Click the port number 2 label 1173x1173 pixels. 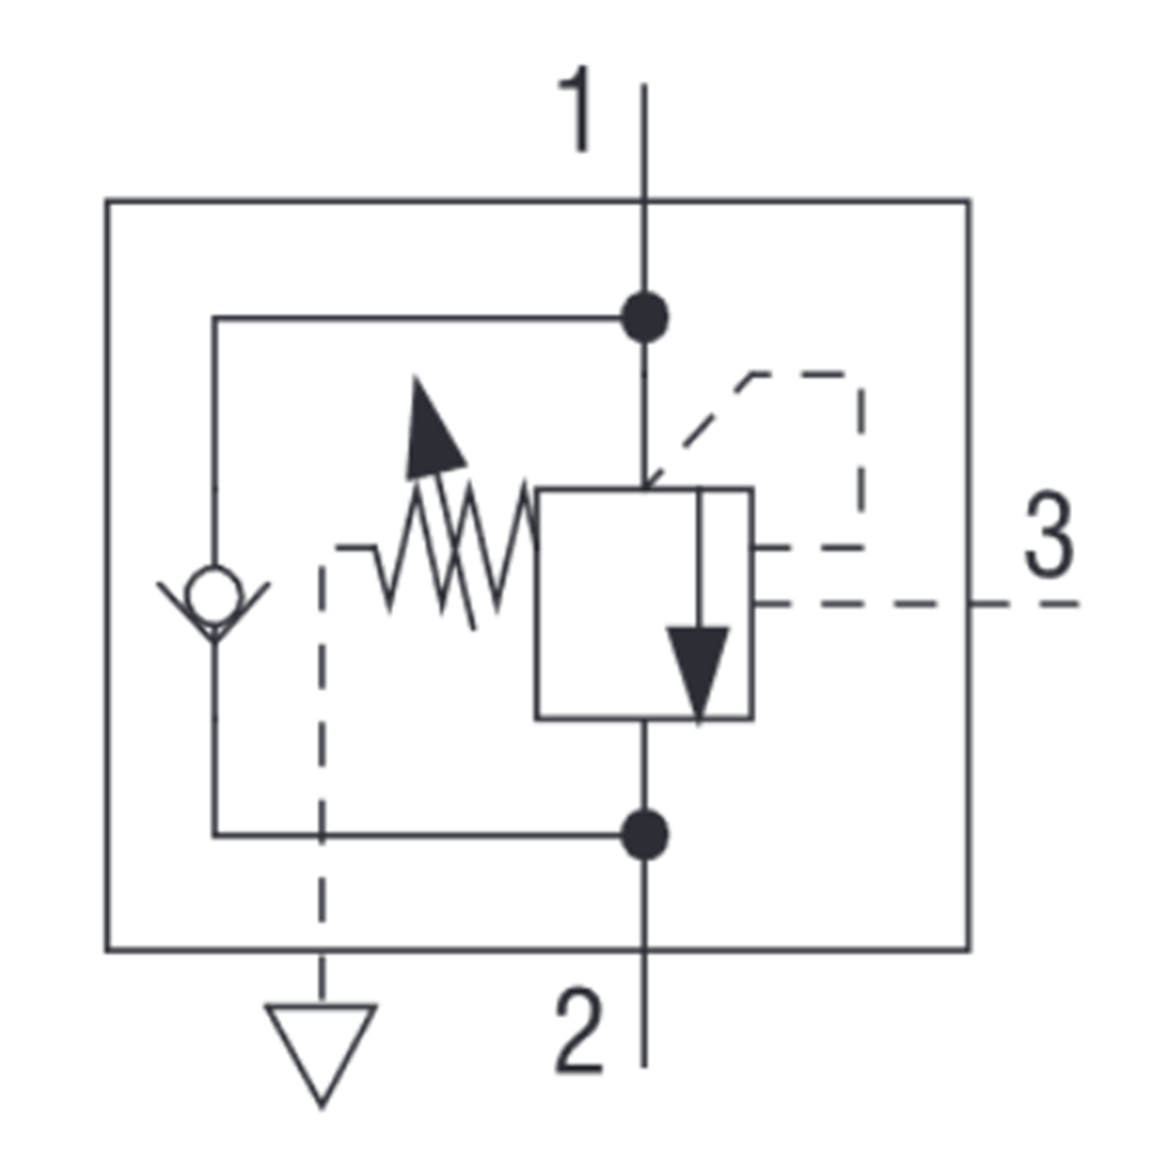coord(579,1030)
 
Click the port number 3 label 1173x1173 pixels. coord(1049,535)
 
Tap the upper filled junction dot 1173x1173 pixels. coord(644,317)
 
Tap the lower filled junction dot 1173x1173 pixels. coord(644,835)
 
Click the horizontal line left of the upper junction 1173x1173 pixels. coord(414,317)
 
